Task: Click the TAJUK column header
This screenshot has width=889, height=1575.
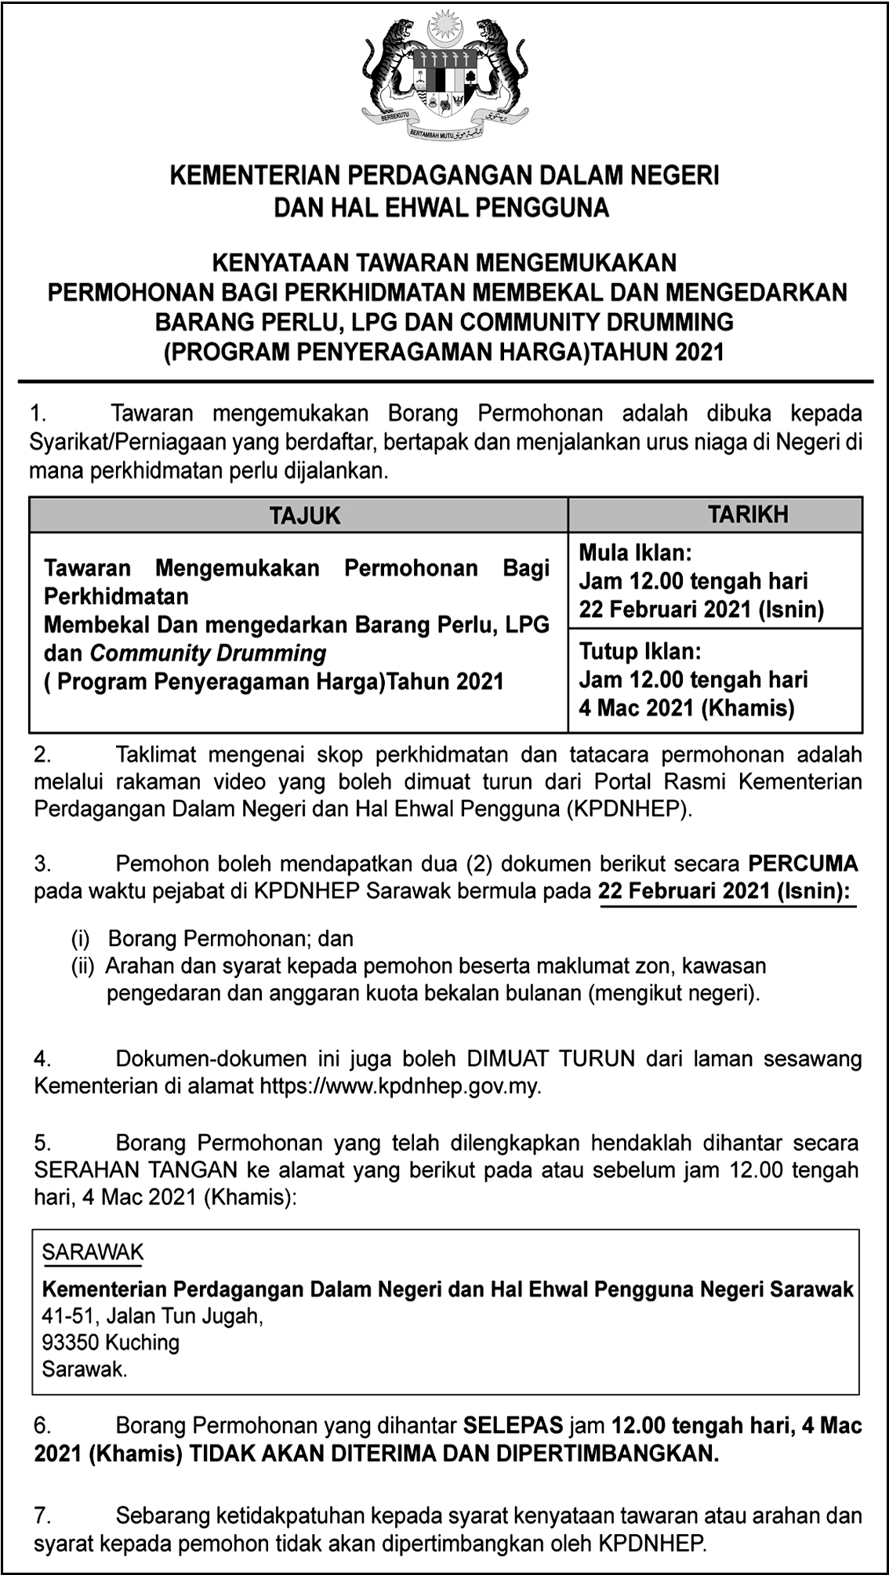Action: [305, 515]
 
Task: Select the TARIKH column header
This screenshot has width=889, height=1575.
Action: [748, 515]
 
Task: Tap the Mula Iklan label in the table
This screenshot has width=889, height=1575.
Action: [636, 553]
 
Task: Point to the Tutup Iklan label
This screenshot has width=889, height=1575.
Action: [640, 651]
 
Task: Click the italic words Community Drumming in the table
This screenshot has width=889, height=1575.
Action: [208, 653]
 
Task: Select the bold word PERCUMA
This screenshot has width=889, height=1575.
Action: [803, 864]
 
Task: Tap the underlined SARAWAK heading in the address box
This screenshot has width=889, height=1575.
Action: [93, 1253]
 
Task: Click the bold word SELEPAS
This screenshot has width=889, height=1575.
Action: [513, 1425]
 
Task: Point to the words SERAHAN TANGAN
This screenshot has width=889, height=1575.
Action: [136, 1170]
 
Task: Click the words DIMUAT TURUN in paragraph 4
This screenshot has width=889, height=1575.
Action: [550, 1058]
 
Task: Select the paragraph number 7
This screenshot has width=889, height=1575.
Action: [42, 1516]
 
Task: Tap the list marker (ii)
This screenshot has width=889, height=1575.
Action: [82, 966]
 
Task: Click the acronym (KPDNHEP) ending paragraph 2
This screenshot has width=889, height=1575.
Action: [631, 809]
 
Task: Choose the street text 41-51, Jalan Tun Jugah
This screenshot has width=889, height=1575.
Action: [152, 1315]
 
